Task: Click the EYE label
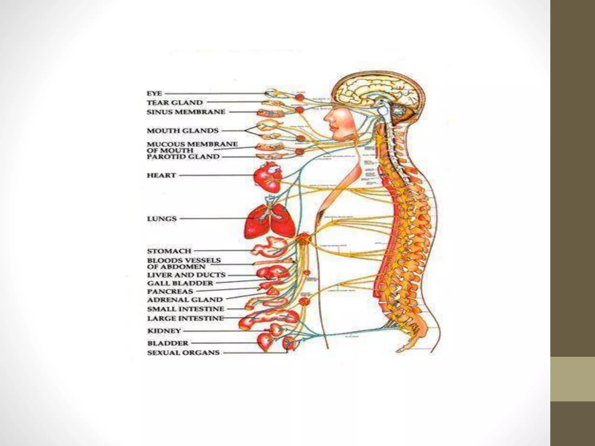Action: [154, 93]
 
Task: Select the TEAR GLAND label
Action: [175, 102]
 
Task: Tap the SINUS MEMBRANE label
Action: [186, 112]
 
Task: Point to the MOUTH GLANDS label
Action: [182, 131]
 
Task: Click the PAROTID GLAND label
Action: [183, 157]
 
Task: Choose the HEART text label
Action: [161, 175]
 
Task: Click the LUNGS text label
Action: [162, 219]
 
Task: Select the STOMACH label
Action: [169, 251]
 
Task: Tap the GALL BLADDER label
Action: [180, 283]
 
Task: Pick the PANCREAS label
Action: [170, 291]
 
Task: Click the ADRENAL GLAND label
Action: [185, 300]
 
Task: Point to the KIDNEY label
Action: [164, 331]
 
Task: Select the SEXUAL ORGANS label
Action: [183, 353]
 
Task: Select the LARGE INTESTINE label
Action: [185, 318]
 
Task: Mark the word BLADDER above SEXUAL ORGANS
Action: [168, 343]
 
